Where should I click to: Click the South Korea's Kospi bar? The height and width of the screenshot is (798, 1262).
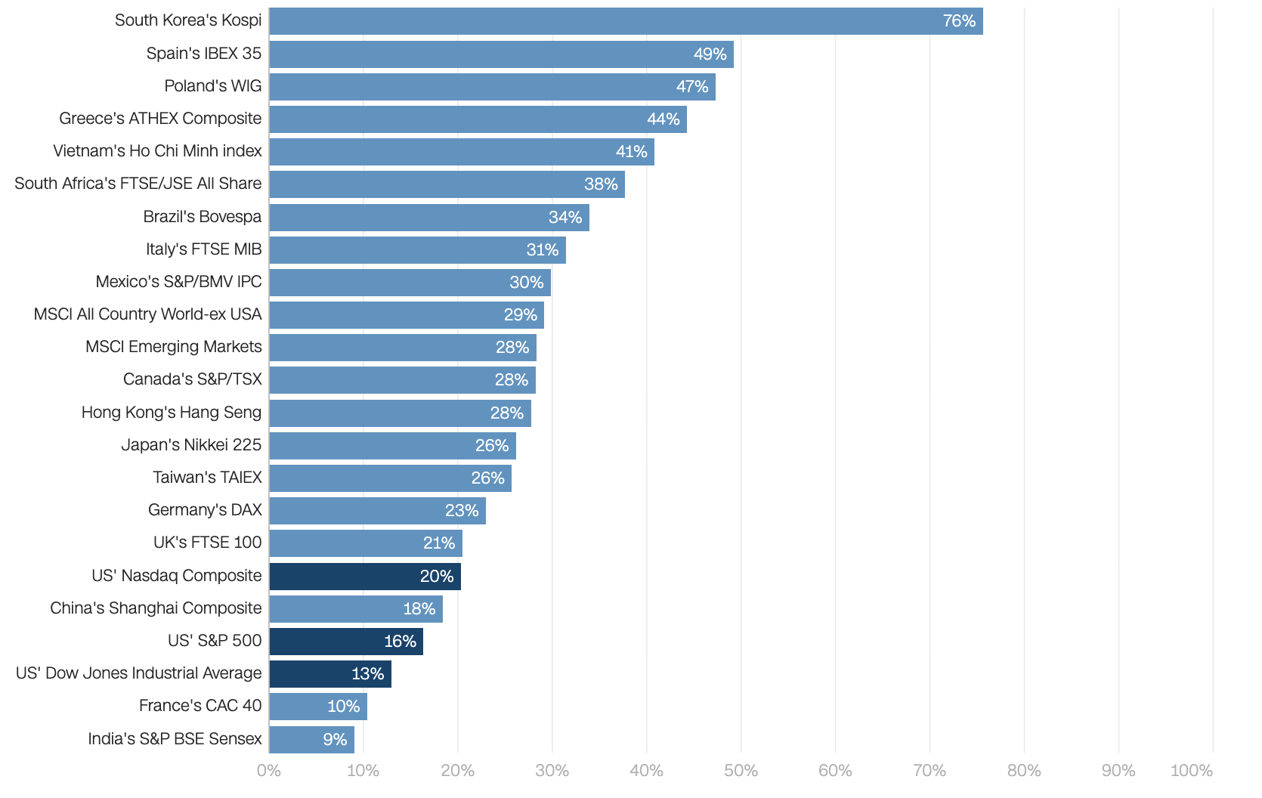[x=626, y=21]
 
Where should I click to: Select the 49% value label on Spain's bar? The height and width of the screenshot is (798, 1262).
[x=710, y=54]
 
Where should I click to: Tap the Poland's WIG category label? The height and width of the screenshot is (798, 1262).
[x=212, y=86]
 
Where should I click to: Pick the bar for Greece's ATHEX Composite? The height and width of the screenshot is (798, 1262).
[x=478, y=119]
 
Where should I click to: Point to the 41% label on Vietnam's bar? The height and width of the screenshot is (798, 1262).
[x=631, y=152]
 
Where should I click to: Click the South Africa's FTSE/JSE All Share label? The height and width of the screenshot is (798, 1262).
[x=138, y=184]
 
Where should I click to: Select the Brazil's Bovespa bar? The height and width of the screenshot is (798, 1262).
[x=429, y=218]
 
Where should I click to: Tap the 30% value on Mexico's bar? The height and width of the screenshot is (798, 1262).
[x=526, y=283]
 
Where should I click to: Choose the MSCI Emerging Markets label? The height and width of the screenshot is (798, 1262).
[x=173, y=347]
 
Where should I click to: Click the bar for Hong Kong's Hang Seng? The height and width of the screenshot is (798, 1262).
[x=400, y=413]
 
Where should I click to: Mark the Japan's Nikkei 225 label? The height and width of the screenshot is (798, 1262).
[x=191, y=445]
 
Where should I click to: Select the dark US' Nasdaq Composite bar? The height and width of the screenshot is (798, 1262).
[x=365, y=577]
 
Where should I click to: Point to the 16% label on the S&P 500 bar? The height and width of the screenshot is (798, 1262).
[x=400, y=642]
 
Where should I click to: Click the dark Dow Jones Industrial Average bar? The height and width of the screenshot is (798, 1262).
[x=330, y=674]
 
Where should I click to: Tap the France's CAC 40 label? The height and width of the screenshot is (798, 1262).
[x=200, y=706]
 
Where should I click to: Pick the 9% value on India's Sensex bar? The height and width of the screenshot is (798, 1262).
[x=335, y=740]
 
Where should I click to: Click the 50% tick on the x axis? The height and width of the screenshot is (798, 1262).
[x=741, y=771]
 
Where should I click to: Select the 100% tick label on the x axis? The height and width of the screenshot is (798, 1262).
[x=1191, y=771]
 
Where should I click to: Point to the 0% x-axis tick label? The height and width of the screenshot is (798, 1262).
[x=269, y=771]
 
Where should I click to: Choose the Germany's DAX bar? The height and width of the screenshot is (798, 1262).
[x=377, y=511]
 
